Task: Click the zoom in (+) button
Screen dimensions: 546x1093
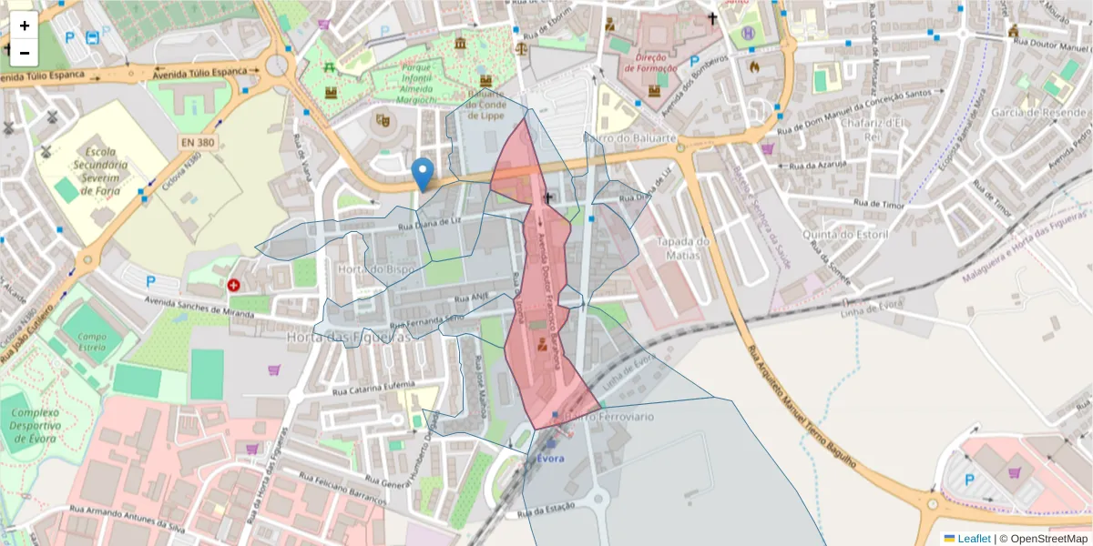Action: click(x=25, y=25)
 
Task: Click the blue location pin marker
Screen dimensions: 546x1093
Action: click(x=422, y=174)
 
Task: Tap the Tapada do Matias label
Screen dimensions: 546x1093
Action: click(x=682, y=248)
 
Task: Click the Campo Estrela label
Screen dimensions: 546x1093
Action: click(x=93, y=341)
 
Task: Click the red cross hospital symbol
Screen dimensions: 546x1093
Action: click(x=235, y=285)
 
